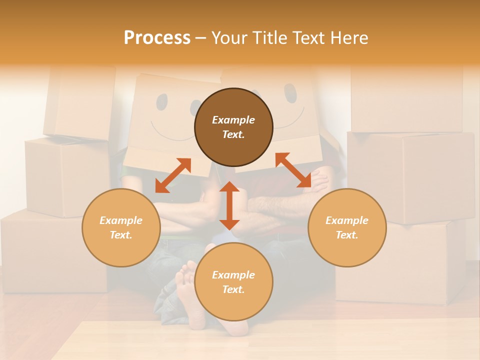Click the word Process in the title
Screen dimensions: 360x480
(157, 37)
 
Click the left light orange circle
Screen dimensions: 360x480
(121, 227)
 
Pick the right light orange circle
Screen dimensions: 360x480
(347, 227)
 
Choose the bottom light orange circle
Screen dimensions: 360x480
(233, 282)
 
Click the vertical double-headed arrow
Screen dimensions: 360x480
(229, 205)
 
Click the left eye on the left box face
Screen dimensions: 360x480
(162, 102)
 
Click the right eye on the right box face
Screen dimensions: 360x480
(290, 93)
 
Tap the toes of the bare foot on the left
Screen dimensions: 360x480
(185, 272)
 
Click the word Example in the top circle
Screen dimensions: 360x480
(233, 120)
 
